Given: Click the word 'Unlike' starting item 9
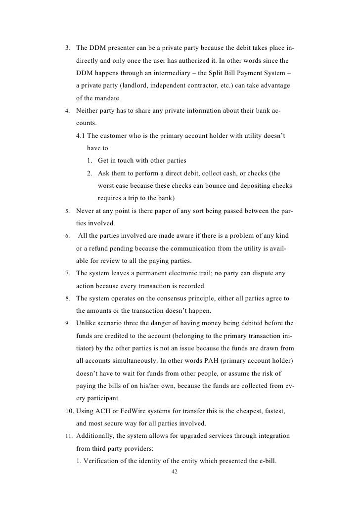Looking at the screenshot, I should pyautogui.click(x=87, y=323).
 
